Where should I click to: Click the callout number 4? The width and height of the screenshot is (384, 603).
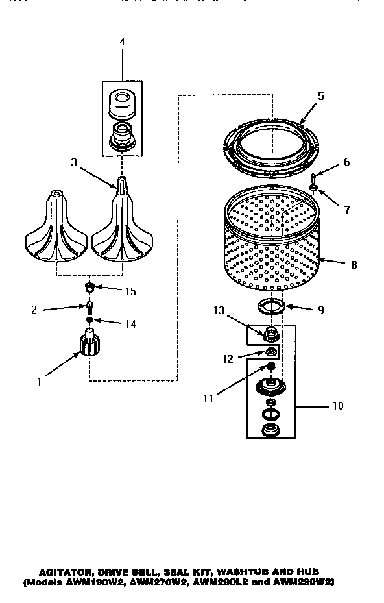(122, 42)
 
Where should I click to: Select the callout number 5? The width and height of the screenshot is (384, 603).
(320, 95)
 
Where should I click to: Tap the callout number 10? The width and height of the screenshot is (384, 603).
(337, 407)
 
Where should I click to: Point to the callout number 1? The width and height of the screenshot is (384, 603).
(39, 382)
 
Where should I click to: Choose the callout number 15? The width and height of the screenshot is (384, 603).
(131, 291)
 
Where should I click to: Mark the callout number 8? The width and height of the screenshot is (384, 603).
(353, 265)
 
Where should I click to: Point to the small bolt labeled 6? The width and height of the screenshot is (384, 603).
(314, 177)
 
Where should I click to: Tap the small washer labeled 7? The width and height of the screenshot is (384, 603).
(314, 188)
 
